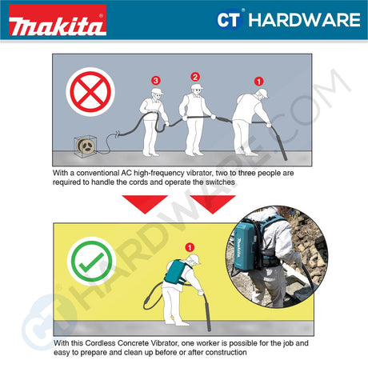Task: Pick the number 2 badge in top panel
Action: coord(194,77)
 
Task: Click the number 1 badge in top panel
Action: coord(258,81)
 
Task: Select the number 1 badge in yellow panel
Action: coord(190,247)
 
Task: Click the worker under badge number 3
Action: coord(154,120)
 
